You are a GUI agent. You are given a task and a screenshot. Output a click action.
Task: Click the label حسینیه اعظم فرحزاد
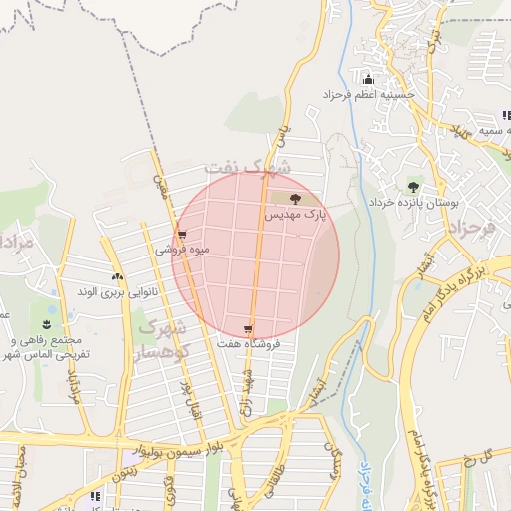367,95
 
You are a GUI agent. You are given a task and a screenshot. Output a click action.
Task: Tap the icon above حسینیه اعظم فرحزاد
368,80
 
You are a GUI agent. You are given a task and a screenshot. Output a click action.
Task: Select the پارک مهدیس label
296,215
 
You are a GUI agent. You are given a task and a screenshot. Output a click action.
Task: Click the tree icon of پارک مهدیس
294,200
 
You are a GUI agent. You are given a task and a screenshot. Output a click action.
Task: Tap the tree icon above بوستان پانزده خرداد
412,187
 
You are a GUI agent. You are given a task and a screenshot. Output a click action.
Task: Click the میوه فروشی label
182,250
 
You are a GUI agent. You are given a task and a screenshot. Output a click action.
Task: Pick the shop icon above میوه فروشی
181,236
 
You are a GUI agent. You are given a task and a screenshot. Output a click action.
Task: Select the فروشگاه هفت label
250,343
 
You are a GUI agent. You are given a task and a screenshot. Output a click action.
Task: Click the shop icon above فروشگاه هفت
248,329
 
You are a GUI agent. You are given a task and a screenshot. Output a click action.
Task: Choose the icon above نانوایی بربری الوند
117,277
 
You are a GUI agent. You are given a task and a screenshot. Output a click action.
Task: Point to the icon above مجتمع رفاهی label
46,324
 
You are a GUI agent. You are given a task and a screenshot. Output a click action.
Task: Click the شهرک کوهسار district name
161,339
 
